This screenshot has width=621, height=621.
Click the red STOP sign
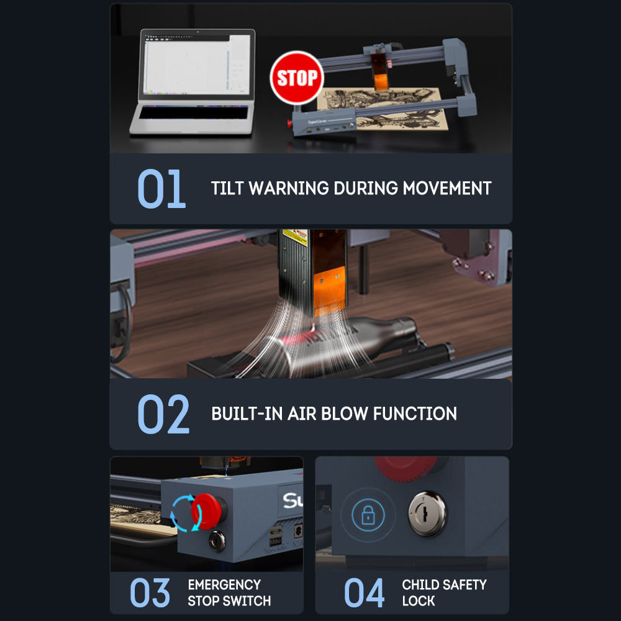(x=297, y=78)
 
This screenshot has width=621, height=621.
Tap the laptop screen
(x=197, y=65)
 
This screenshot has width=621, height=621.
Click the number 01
(x=161, y=189)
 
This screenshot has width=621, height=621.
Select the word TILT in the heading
(x=227, y=188)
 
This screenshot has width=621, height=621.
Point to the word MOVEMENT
(x=447, y=188)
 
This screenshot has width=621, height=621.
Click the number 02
(x=163, y=414)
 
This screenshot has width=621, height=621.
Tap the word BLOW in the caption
(x=345, y=414)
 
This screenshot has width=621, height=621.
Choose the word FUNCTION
(x=415, y=414)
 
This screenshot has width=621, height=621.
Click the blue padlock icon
(x=368, y=514)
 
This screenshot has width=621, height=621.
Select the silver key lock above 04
(x=427, y=514)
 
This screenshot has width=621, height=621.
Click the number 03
(x=150, y=592)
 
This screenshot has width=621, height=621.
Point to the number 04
(x=364, y=592)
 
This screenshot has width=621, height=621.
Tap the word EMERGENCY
(x=224, y=584)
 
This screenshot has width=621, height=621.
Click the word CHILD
(x=420, y=584)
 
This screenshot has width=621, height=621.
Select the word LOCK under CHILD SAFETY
(x=418, y=601)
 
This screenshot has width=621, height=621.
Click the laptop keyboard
(x=193, y=112)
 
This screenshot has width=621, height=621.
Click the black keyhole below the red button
(x=217, y=541)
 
